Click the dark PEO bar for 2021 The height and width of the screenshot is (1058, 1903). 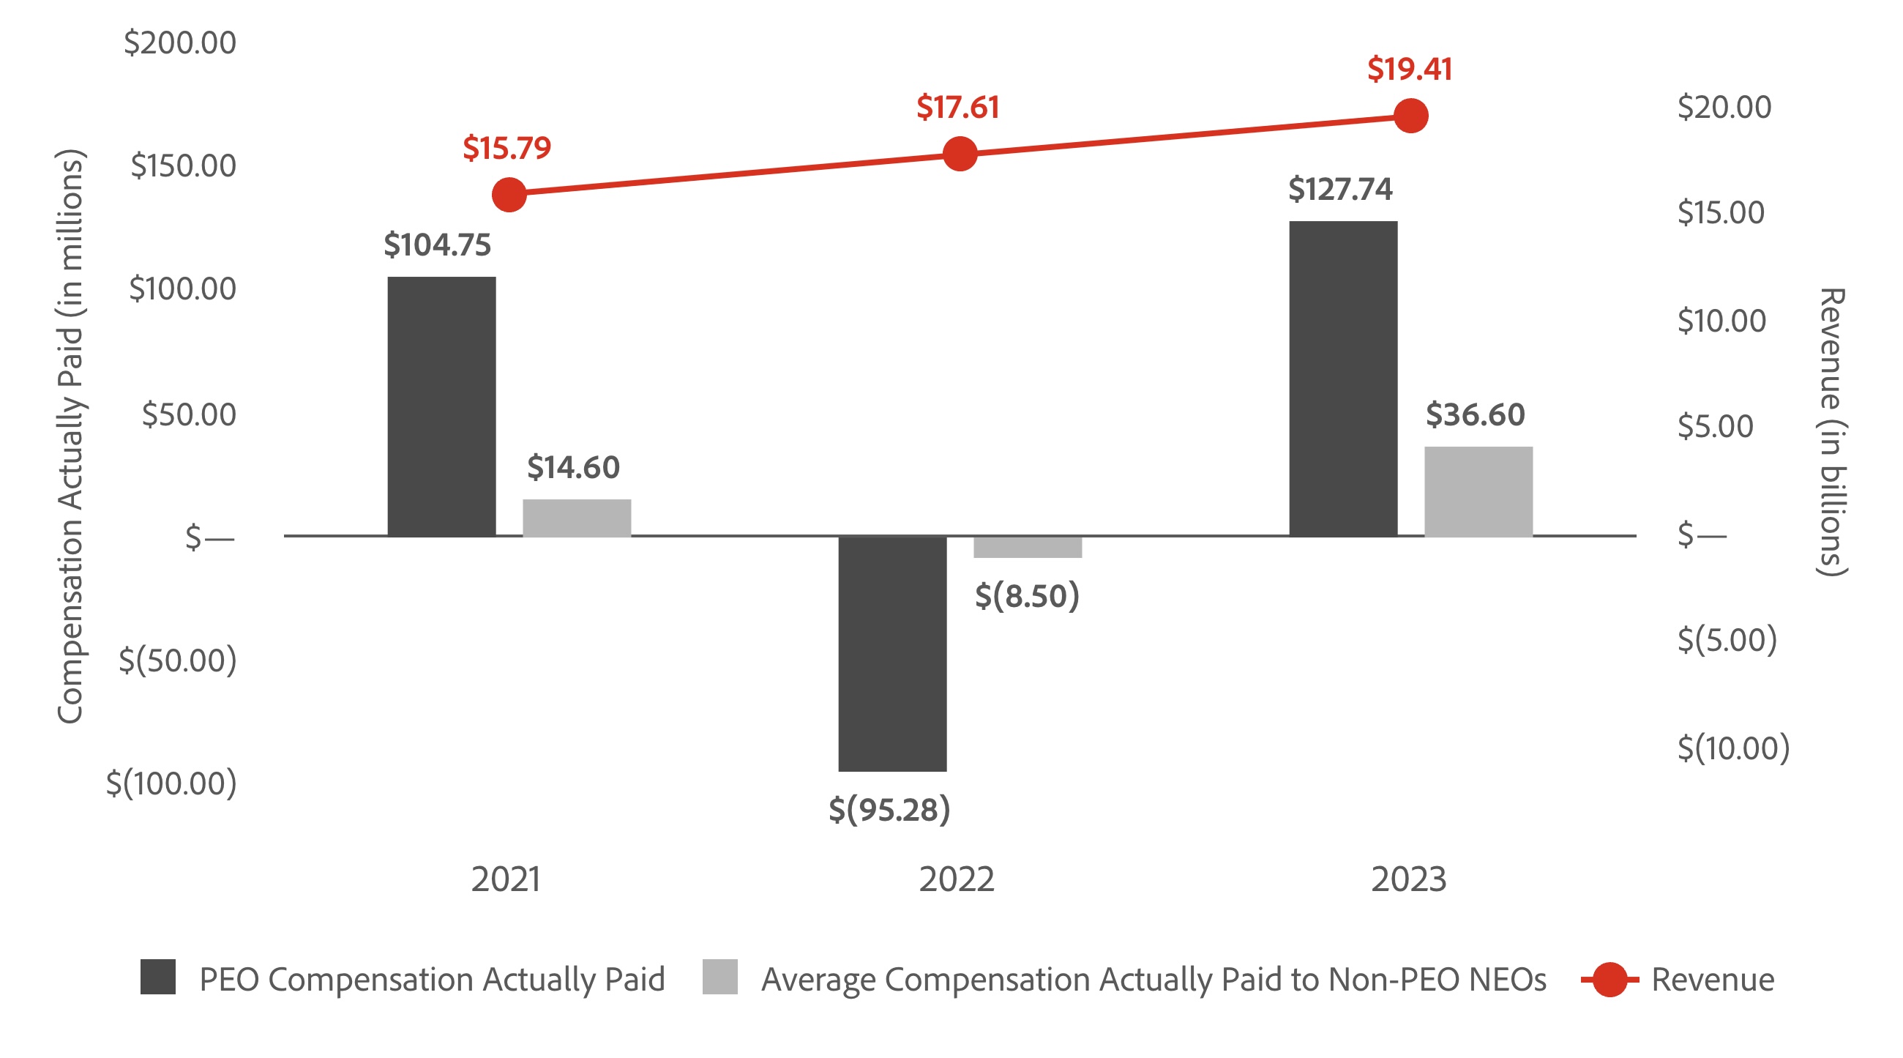point(441,406)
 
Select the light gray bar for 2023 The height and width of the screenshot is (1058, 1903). point(1478,491)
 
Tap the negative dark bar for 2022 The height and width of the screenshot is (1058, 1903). point(891,653)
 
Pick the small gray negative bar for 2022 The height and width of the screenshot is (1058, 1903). point(1027,547)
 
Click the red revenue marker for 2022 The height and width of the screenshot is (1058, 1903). point(960,154)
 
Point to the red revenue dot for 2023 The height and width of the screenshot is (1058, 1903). point(1410,116)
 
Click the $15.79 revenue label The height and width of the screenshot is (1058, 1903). point(506,148)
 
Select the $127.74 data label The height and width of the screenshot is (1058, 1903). point(1339,189)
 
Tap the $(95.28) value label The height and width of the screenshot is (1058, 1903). point(889,810)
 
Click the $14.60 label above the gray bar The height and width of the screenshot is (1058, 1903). point(572,467)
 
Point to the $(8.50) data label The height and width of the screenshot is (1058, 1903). point(1027,595)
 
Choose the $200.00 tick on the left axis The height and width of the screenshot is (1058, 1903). point(179,42)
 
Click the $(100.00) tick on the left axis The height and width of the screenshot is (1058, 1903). point(171,783)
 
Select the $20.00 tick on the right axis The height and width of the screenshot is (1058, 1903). point(1724,107)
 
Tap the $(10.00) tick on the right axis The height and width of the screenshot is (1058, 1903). point(1732,748)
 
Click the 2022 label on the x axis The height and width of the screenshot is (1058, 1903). point(956,879)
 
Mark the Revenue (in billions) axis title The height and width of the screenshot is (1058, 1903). point(1833,432)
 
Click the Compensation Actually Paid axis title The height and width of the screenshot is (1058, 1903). point(70,436)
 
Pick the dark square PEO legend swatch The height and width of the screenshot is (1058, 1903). point(157,977)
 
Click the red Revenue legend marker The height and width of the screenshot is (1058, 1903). point(1609,980)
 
